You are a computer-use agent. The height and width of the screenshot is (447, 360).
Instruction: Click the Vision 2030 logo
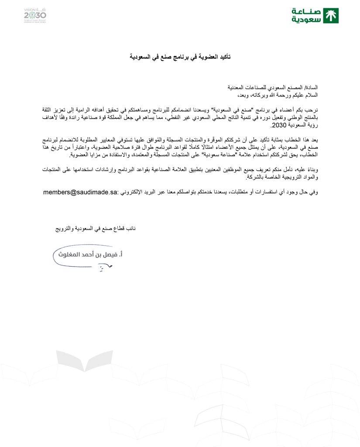point(35,15)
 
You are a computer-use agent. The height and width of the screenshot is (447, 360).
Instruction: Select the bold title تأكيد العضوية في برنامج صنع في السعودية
point(180,57)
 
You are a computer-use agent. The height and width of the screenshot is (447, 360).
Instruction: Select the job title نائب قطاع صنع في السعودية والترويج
point(95,228)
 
